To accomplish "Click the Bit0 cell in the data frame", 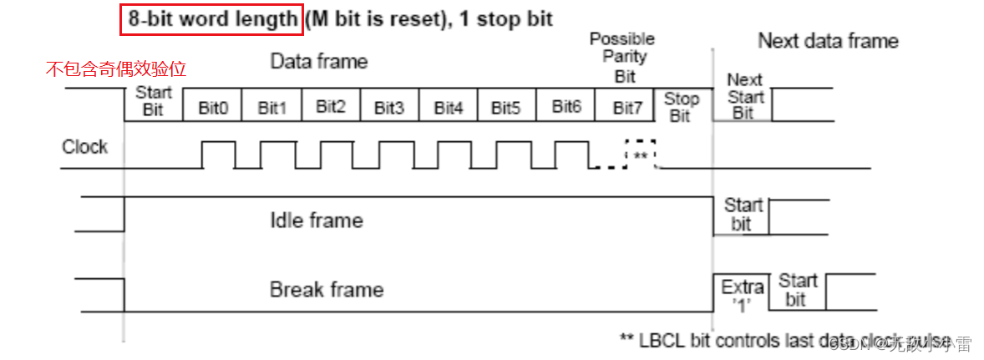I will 213,108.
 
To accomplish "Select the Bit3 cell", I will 389,108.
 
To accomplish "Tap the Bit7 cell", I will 628,108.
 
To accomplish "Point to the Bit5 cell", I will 506,108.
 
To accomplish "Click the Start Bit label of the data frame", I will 153,101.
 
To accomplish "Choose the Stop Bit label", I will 681,107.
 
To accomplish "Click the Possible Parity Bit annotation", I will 622,58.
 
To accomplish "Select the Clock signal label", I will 84,147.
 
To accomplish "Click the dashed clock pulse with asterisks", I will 641,155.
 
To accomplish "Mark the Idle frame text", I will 316,221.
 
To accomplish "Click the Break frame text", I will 327,290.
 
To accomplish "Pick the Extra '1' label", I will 743,294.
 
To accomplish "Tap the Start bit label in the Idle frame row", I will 743,215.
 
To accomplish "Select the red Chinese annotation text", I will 122,69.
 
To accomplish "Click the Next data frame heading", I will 828,41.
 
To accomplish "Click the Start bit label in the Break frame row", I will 798,289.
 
